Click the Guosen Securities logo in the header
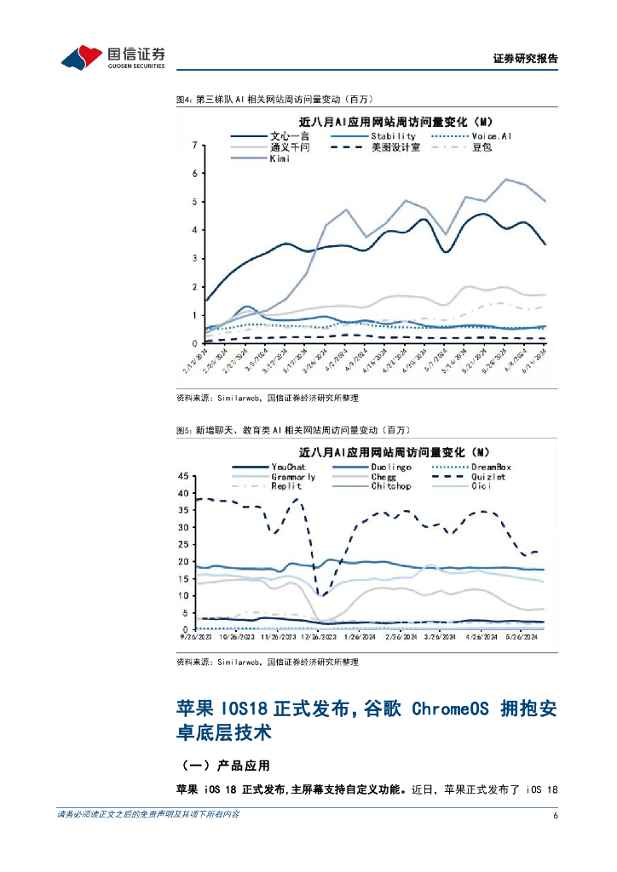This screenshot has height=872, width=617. coord(112,57)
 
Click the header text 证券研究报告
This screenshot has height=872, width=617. coord(526,59)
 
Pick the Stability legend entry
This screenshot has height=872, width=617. coord(393,135)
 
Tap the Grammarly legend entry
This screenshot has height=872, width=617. coord(293,477)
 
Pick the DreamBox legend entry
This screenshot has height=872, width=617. coord(492,467)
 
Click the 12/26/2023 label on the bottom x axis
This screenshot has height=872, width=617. coord(315,636)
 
